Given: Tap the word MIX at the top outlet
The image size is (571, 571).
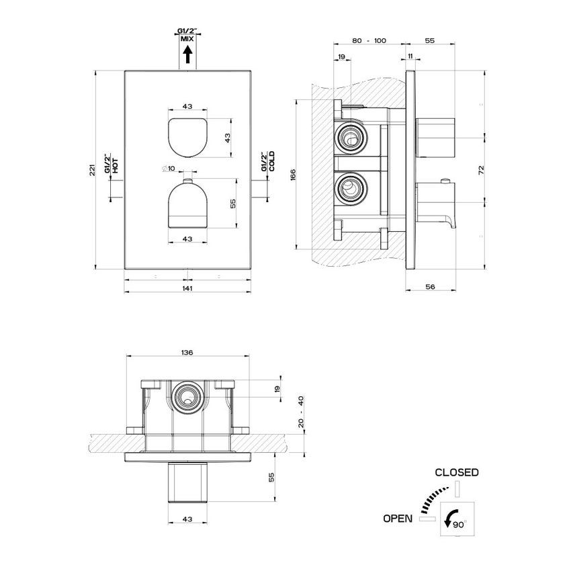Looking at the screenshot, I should pyautogui.click(x=187, y=40).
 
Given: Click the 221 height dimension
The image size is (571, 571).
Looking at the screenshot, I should pyautogui.click(x=92, y=170).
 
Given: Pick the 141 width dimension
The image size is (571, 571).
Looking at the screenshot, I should pyautogui.click(x=187, y=288).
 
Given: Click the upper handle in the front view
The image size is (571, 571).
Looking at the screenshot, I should pyautogui.click(x=187, y=136).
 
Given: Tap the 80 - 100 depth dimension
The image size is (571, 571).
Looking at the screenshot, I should pyautogui.click(x=369, y=41).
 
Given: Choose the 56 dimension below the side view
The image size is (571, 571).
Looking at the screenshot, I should pyautogui.click(x=431, y=286).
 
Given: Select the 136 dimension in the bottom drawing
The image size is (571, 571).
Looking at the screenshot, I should pyautogui.click(x=187, y=352).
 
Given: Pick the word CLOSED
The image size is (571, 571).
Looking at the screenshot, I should pyautogui.click(x=457, y=472).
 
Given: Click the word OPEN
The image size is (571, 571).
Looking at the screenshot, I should pyautogui.click(x=398, y=518).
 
